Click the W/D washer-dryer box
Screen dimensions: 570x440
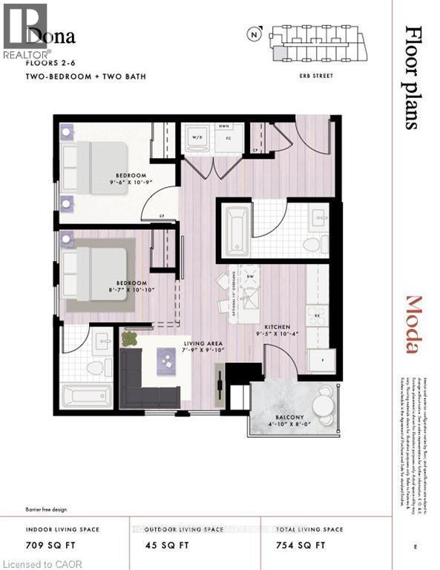pyautogui.click(x=198, y=138)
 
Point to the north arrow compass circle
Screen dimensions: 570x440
pyautogui.click(x=255, y=33)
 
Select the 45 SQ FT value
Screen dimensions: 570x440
pyautogui.click(x=160, y=545)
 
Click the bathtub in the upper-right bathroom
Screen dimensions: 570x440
pyautogui.click(x=238, y=229)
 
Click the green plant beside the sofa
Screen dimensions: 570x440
pyautogui.click(x=130, y=339)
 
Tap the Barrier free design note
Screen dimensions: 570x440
pyautogui.click(x=48, y=510)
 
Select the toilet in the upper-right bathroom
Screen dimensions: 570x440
pyautogui.click(x=312, y=244)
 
